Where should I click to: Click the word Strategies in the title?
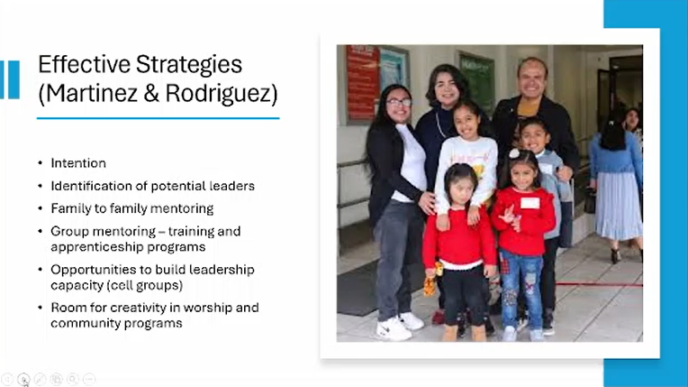click(189, 65)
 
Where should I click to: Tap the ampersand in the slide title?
click(151, 93)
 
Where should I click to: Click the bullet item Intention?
click(78, 163)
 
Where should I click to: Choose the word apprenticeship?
click(96, 247)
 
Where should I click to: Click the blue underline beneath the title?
click(158, 118)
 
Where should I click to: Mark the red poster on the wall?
click(362, 82)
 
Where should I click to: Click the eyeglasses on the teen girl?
click(399, 103)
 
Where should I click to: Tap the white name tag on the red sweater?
click(530, 203)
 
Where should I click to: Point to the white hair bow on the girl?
click(514, 153)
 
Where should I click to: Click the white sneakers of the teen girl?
click(400, 327)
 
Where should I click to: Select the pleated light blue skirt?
click(618, 206)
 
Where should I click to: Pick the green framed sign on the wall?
click(476, 81)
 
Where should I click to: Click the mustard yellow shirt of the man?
click(528, 107)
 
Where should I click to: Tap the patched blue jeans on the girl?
click(521, 289)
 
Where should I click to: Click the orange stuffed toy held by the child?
click(431, 281)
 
